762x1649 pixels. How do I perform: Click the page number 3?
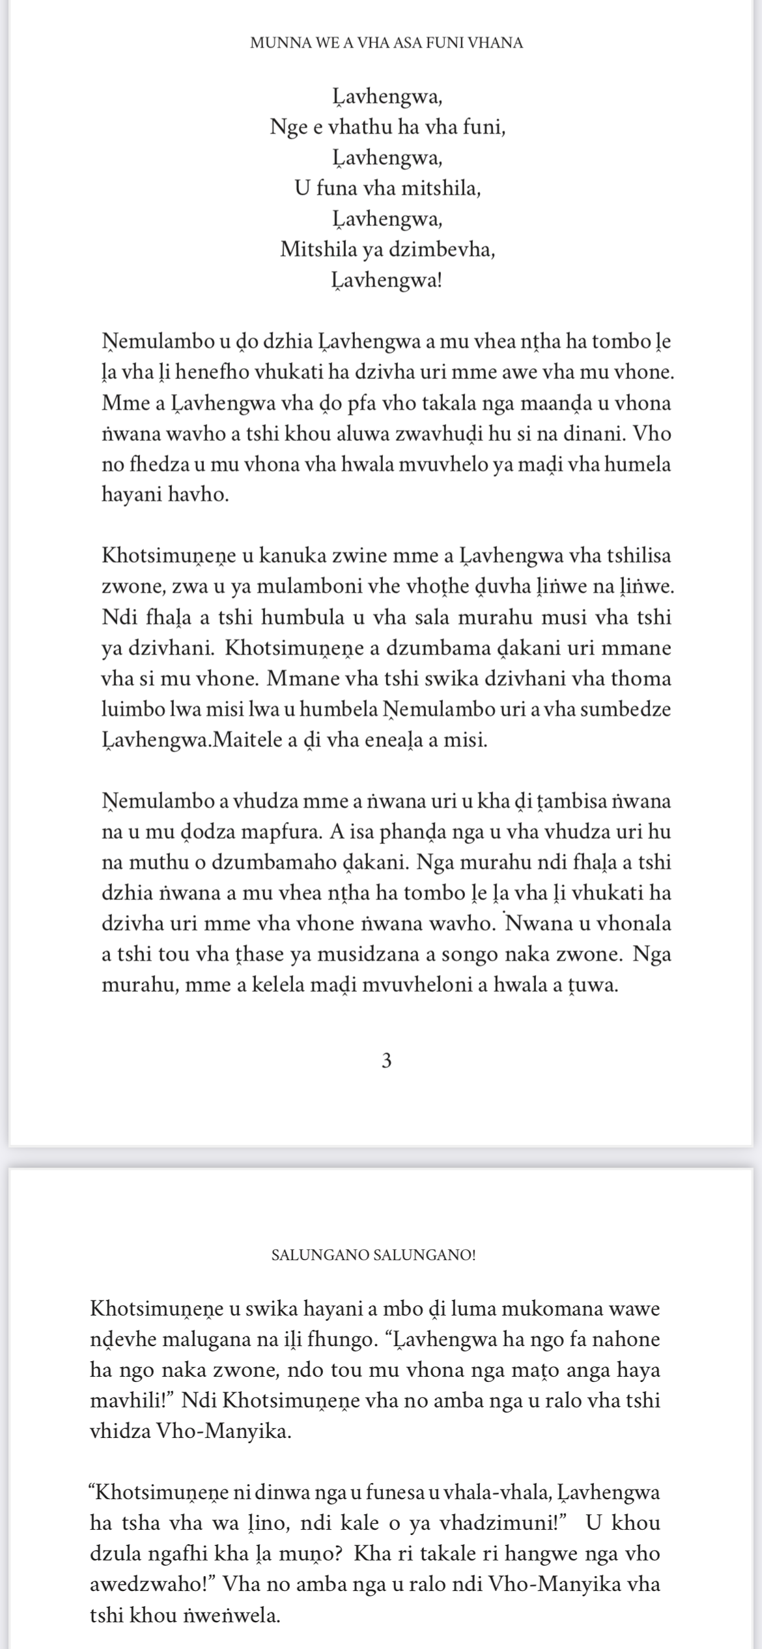[x=386, y=1062]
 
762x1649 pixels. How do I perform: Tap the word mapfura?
[x=283, y=832]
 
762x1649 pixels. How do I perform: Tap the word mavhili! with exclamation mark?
[x=131, y=1400]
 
